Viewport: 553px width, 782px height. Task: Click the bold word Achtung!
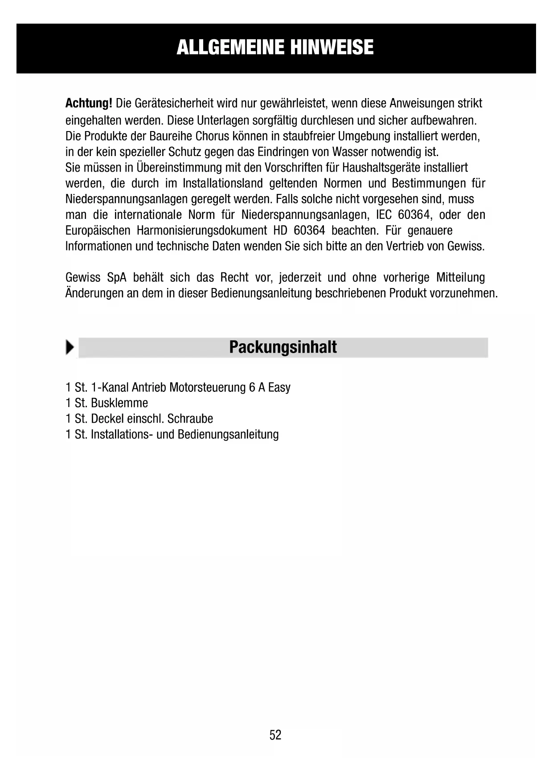88,103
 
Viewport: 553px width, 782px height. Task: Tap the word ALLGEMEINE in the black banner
230,48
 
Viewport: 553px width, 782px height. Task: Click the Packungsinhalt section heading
283,347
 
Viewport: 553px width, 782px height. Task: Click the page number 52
275,735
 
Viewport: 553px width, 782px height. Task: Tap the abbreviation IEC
384,215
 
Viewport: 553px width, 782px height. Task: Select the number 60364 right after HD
309,231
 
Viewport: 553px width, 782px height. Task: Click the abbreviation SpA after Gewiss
117,278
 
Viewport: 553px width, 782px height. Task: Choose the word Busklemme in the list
119,403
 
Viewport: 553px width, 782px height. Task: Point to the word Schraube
190,419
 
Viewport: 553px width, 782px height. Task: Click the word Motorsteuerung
208,387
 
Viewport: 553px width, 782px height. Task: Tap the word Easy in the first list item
279,387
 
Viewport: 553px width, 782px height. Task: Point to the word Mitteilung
460,278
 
